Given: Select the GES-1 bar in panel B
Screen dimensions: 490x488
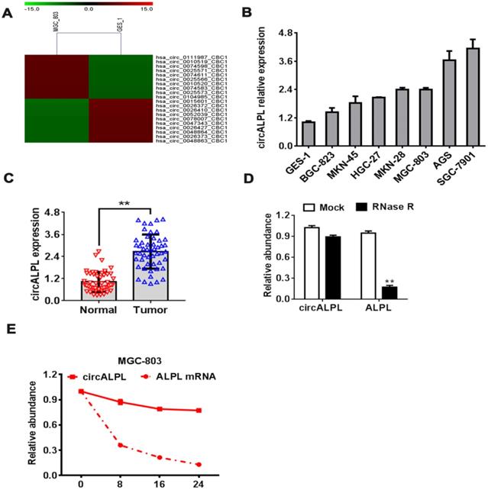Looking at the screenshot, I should point(308,134).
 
